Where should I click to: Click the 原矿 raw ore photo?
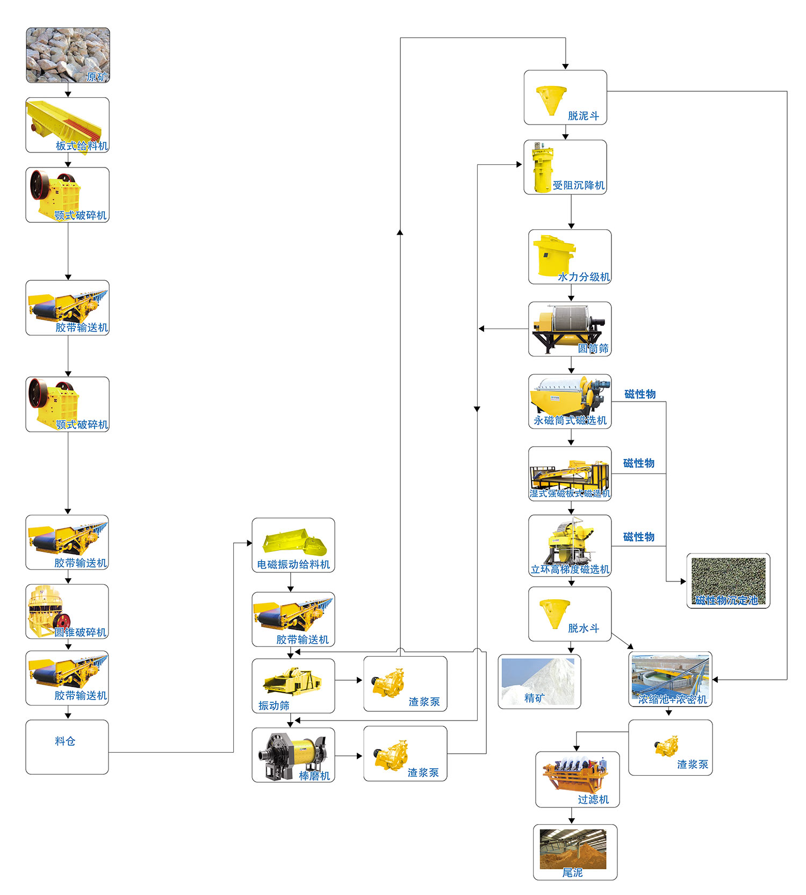click(68, 55)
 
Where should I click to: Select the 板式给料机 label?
click(82, 145)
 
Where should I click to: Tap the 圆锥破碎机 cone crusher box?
click(67, 611)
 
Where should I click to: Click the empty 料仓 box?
click(67, 747)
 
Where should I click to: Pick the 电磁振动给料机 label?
click(293, 564)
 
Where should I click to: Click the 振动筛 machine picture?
click(291, 681)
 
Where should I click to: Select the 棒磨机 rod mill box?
click(293, 754)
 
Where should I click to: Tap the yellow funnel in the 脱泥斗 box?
click(551, 99)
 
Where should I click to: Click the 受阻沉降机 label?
click(579, 185)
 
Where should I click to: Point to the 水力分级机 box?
click(570, 257)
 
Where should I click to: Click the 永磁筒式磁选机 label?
click(570, 420)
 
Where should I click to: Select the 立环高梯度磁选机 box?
click(570, 545)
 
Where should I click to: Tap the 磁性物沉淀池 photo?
click(728, 580)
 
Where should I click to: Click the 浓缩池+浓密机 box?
click(670, 679)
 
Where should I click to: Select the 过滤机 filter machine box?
click(577, 779)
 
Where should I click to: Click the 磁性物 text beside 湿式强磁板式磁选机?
click(639, 463)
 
